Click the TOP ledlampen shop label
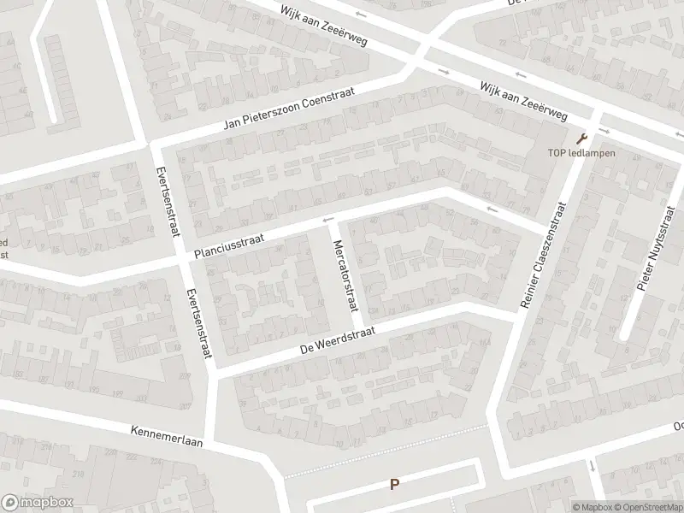pos(581,154)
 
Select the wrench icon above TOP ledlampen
pos(583,139)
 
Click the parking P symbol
pos(394,484)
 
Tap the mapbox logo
pos(37,503)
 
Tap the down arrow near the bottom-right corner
pos(592,466)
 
